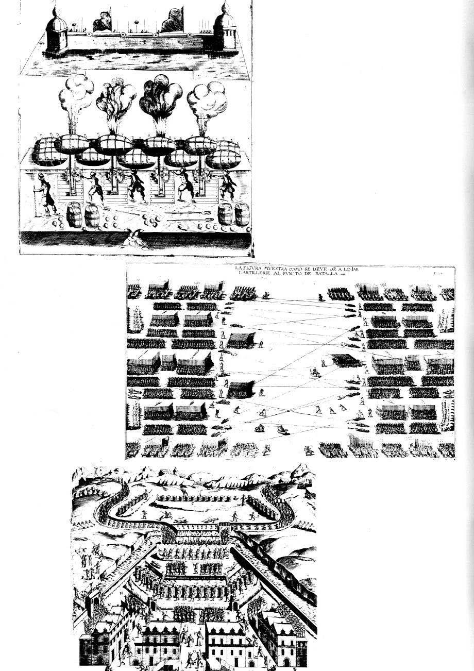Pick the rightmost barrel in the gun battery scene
(x=241, y=214)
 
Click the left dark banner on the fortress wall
(x=100, y=23)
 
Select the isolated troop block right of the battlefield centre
(x=346, y=360)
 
